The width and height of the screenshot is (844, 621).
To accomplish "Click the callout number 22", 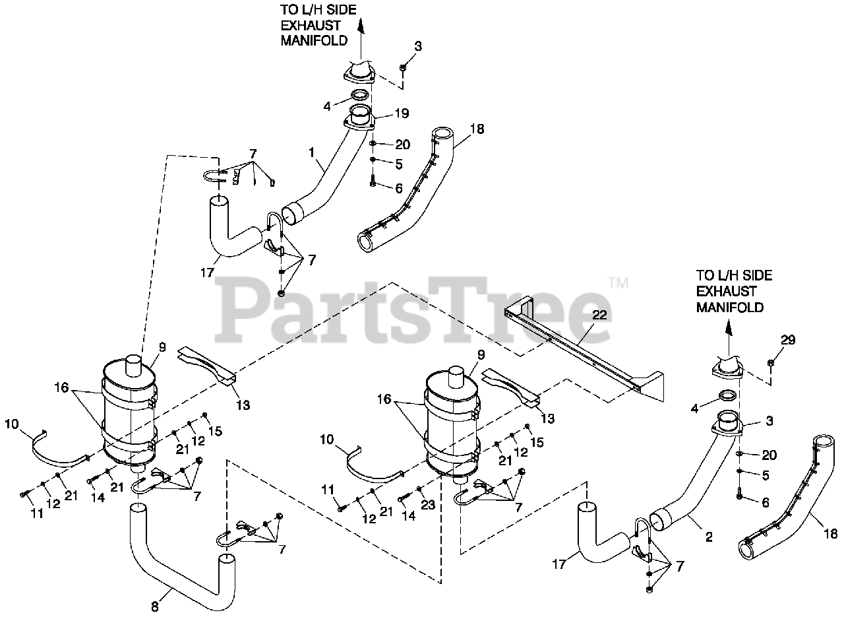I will coord(598,316).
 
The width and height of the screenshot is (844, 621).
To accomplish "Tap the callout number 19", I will coord(402,114).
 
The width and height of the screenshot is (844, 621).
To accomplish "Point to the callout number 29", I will coord(788,341).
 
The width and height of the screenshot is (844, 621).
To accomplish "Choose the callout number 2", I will coord(709,537).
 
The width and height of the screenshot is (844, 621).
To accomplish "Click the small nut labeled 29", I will coord(771,363).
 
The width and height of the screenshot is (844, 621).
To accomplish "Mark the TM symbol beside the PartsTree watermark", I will coord(618,282).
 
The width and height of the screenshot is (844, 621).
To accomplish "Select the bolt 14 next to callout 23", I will coord(404,500).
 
